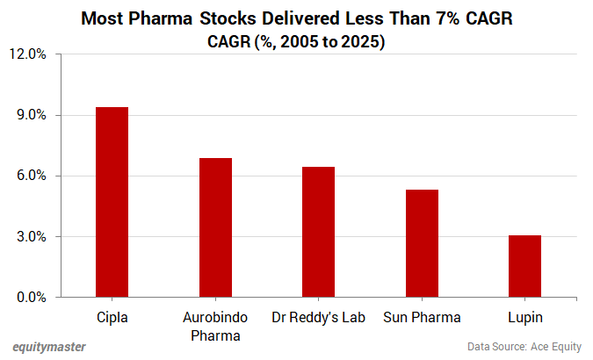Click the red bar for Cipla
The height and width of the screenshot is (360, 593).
point(112,202)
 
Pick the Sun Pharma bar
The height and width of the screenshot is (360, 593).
point(422,243)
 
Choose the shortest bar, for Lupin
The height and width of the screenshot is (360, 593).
point(524,266)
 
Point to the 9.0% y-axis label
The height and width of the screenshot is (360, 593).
point(30,115)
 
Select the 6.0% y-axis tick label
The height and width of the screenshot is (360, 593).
point(30,176)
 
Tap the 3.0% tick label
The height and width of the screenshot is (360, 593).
point(30,236)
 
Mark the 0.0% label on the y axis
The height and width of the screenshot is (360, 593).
point(30,297)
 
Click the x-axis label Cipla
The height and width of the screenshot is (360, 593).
point(112,316)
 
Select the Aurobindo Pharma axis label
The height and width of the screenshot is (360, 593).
point(215,325)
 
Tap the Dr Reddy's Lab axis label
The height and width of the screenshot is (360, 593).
point(318,316)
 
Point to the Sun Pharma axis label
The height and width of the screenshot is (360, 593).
point(422,316)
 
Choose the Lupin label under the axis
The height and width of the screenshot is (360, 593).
point(524,317)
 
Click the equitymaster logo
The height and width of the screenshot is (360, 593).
point(49,347)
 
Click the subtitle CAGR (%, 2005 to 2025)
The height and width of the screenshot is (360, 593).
point(296,41)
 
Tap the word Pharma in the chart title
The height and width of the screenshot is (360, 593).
point(162,18)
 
